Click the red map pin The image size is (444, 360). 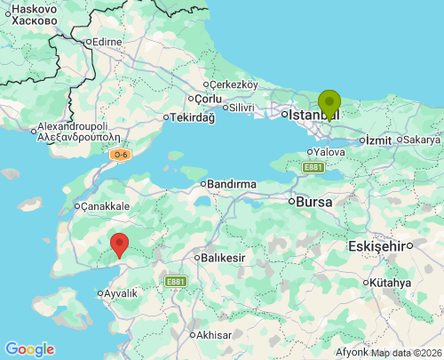(x=118, y=244)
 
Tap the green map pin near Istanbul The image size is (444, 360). (x=329, y=104)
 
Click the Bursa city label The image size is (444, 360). (x=314, y=202)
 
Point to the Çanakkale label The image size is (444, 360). (x=106, y=206)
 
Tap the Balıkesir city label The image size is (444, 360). (x=221, y=258)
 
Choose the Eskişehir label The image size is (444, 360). (x=377, y=245)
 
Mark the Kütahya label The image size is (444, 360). (x=391, y=283)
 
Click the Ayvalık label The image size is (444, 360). (x=121, y=293)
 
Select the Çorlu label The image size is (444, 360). (x=208, y=99)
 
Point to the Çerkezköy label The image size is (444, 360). (x=233, y=84)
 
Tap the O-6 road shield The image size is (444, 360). (x=121, y=155)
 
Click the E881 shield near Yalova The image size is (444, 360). (x=313, y=167)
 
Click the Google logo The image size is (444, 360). (x=29, y=349)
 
